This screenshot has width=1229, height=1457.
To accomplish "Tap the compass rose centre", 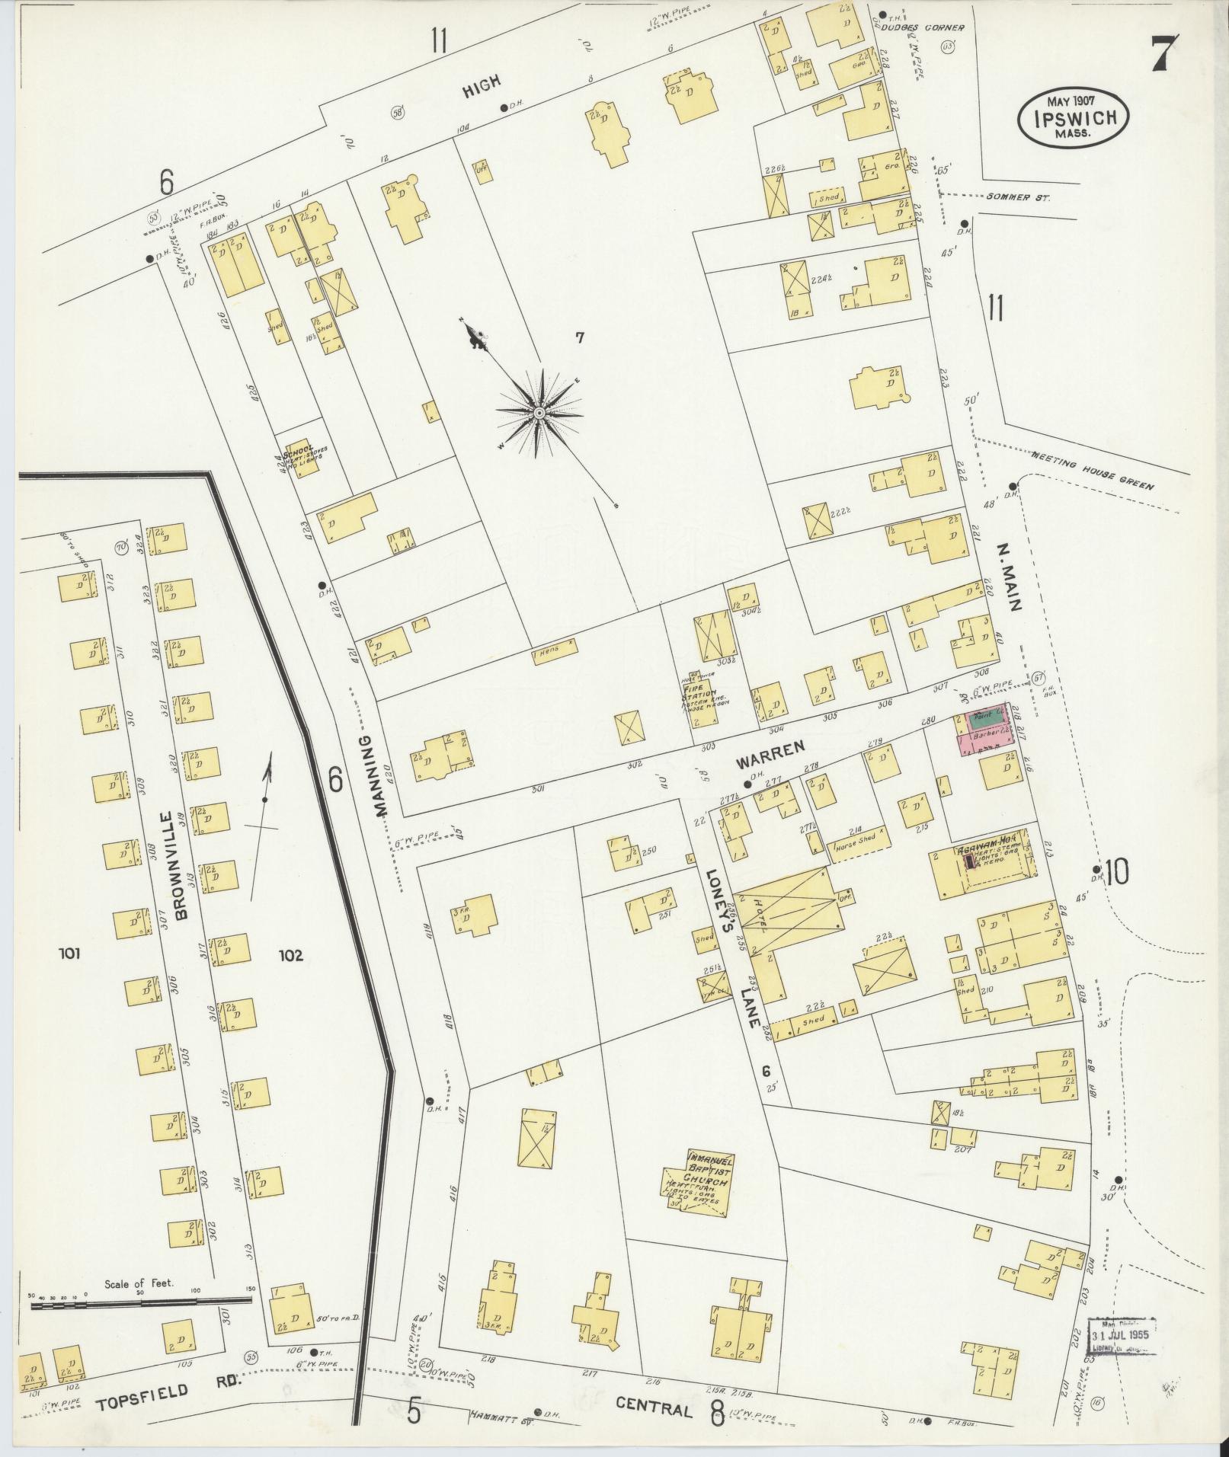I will coord(539,413).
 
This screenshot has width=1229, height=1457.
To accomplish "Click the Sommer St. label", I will coord(1018,197).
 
